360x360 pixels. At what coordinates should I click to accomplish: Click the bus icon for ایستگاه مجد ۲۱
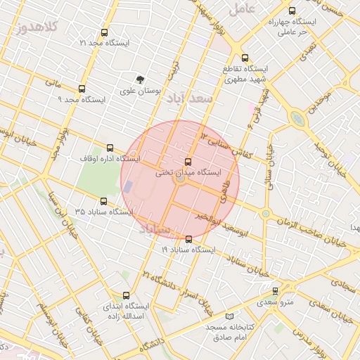pyautogui.click(x=105, y=32)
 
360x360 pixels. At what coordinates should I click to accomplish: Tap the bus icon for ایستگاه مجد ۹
pyautogui.click(x=82, y=89)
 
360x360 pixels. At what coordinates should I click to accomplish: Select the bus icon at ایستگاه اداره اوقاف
pyautogui.click(x=110, y=148)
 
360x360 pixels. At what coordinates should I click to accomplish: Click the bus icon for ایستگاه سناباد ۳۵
pyautogui.click(x=104, y=201)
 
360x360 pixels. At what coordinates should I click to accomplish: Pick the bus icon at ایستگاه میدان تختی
pyautogui.click(x=187, y=162)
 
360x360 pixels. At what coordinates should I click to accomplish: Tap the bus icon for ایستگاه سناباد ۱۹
pyautogui.click(x=188, y=239)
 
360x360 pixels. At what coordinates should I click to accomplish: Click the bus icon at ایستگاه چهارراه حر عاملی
pyautogui.click(x=292, y=11)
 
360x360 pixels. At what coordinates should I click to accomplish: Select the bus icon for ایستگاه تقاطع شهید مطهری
pyautogui.click(x=245, y=58)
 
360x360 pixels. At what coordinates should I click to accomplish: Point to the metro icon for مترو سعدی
pyautogui.click(x=275, y=291)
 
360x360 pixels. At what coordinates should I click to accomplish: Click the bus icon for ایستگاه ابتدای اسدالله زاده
pyautogui.click(x=126, y=296)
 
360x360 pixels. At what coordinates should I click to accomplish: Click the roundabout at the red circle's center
pyautogui.click(x=180, y=180)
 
